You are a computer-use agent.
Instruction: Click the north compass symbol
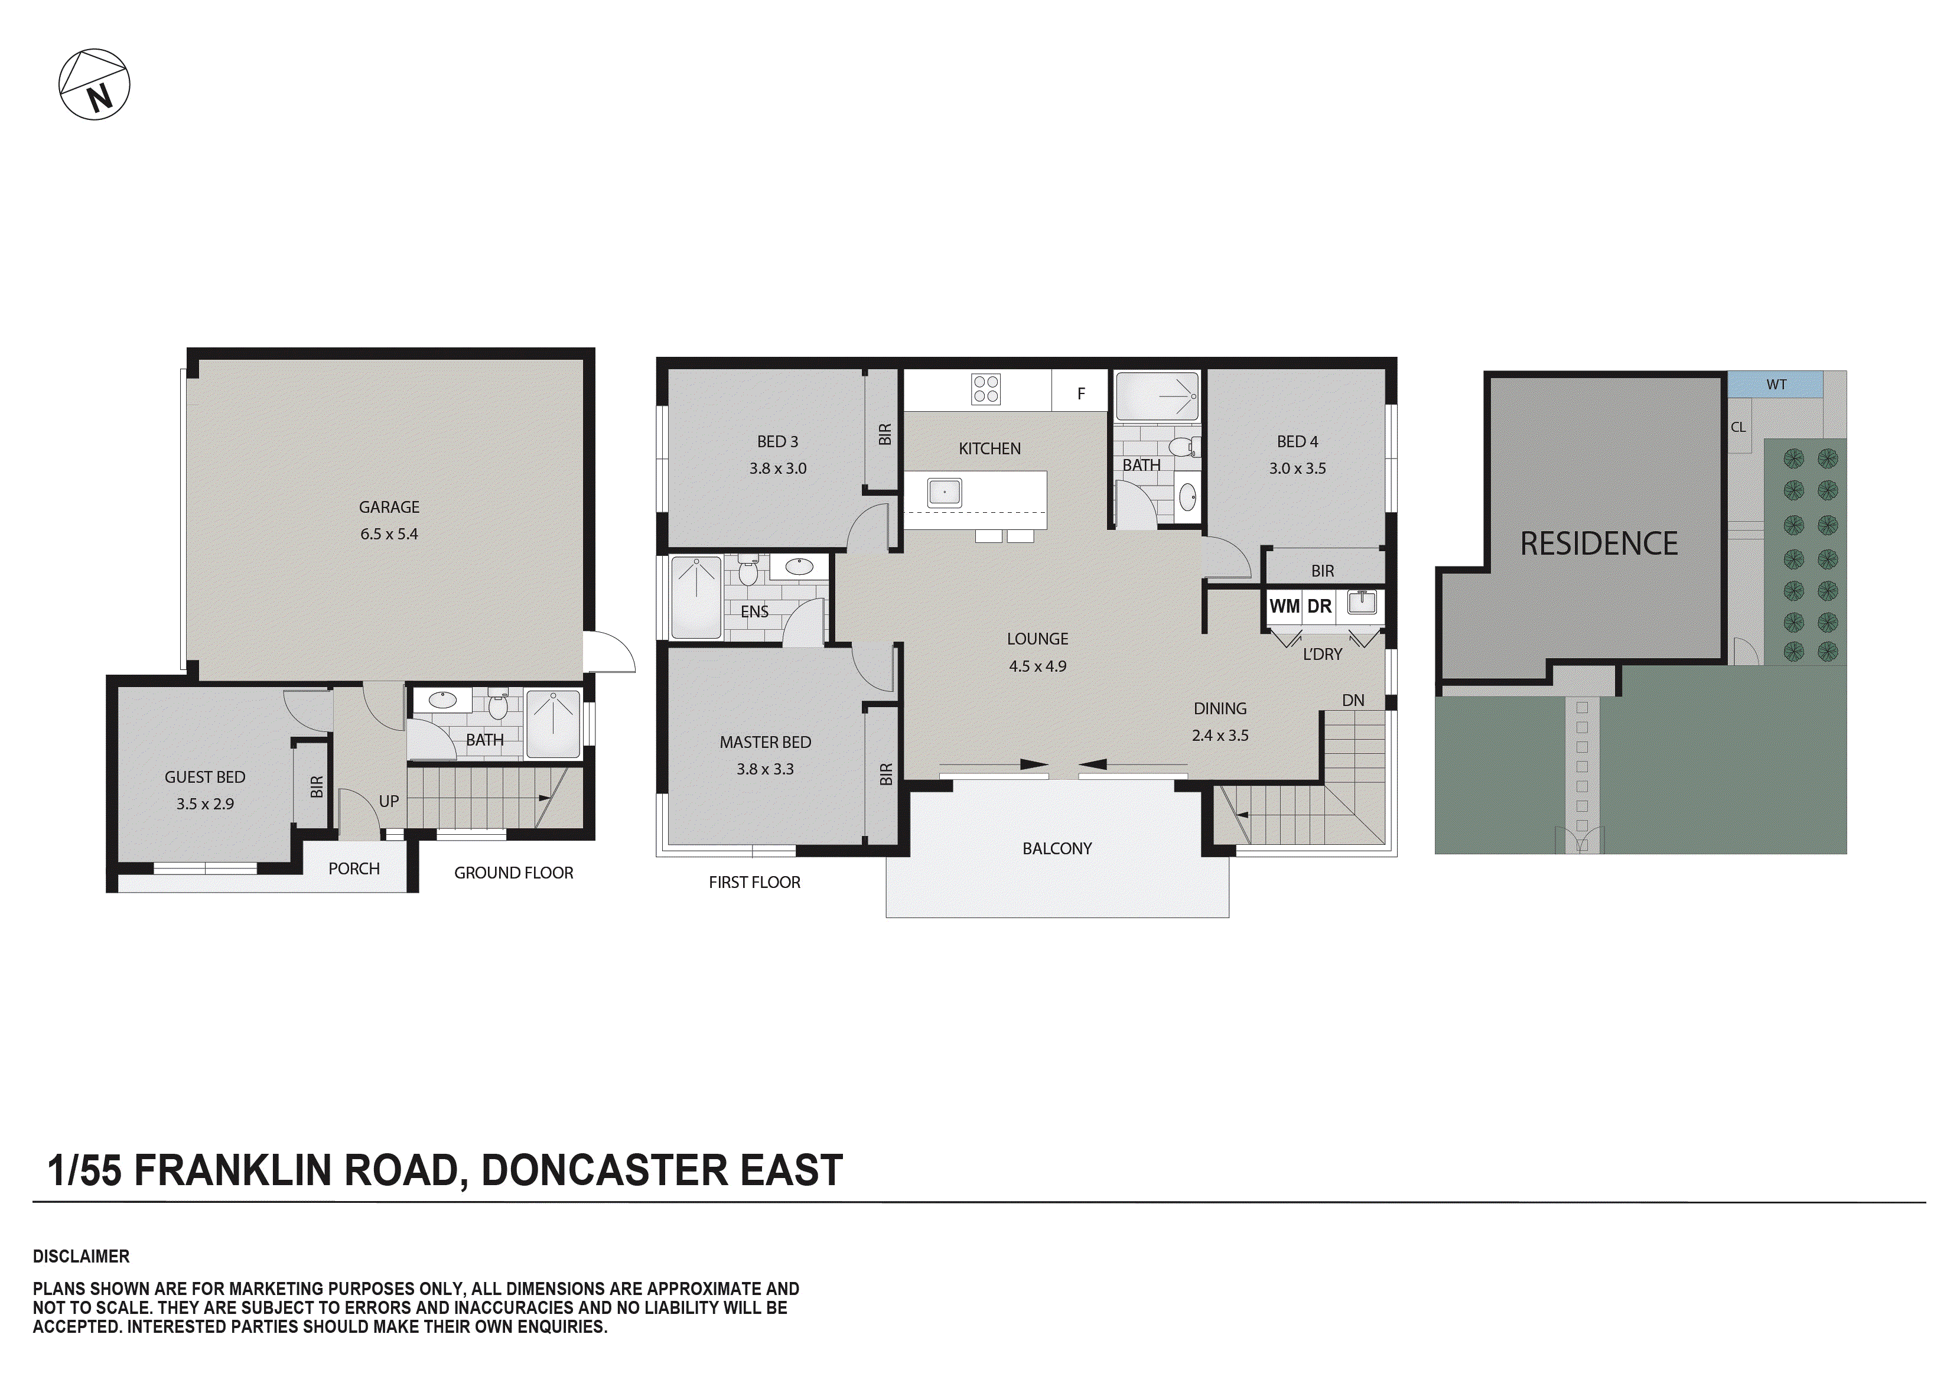click(x=94, y=84)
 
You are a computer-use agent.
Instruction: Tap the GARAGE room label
click(x=389, y=507)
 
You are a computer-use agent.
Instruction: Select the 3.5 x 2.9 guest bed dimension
click(x=205, y=803)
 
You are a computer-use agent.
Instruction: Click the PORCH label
click(x=353, y=868)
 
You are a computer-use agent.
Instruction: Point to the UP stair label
click(x=389, y=801)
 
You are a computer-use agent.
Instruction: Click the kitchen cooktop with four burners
click(x=986, y=389)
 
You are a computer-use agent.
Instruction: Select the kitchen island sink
click(x=944, y=493)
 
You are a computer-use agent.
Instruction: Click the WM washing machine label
click(x=1284, y=606)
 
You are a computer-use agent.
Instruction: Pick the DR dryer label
click(x=1319, y=606)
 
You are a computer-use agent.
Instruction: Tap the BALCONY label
click(x=1057, y=848)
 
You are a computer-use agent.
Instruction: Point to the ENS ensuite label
click(x=754, y=611)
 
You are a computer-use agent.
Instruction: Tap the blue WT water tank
click(x=1776, y=384)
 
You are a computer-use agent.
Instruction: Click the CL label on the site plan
click(x=1738, y=427)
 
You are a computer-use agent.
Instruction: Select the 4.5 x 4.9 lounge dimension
click(x=1037, y=666)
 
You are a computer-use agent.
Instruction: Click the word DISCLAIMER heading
click(x=81, y=1256)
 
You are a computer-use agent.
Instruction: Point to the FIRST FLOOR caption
click(x=754, y=882)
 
